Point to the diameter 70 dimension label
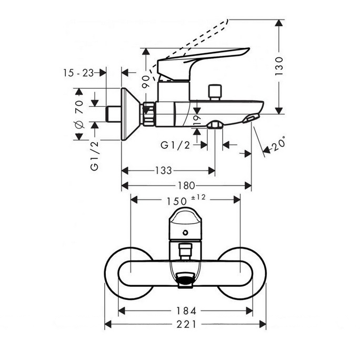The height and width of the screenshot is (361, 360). [79, 116]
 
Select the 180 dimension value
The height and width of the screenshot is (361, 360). [187, 185]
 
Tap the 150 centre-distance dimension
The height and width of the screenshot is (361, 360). [176, 200]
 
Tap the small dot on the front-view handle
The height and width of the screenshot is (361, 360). [186, 232]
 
